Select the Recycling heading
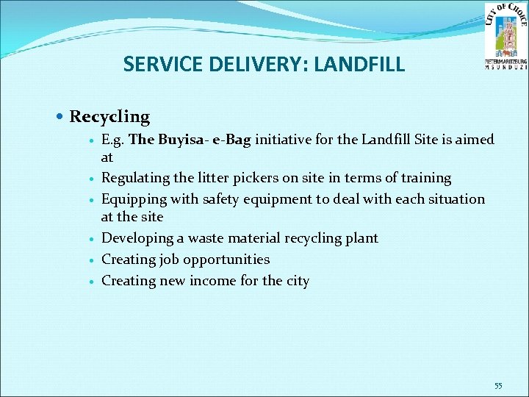pyautogui.click(x=109, y=117)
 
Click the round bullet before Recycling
pyautogui.click(x=60, y=117)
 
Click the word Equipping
pyautogui.click(x=132, y=199)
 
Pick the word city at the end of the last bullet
pyautogui.click(x=297, y=281)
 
